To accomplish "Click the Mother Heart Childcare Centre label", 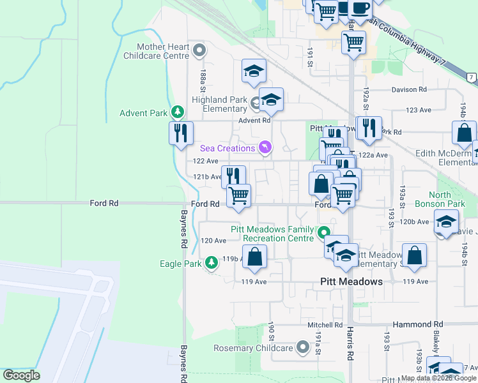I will point(164,51).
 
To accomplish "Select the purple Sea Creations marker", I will point(265,148).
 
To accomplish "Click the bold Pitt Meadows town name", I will point(351,282).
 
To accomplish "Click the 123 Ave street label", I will point(419,110).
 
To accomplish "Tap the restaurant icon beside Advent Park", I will point(181,132).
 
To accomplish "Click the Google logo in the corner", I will point(21,375).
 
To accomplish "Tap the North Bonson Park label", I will point(440,200).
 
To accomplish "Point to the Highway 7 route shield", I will point(471,77).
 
